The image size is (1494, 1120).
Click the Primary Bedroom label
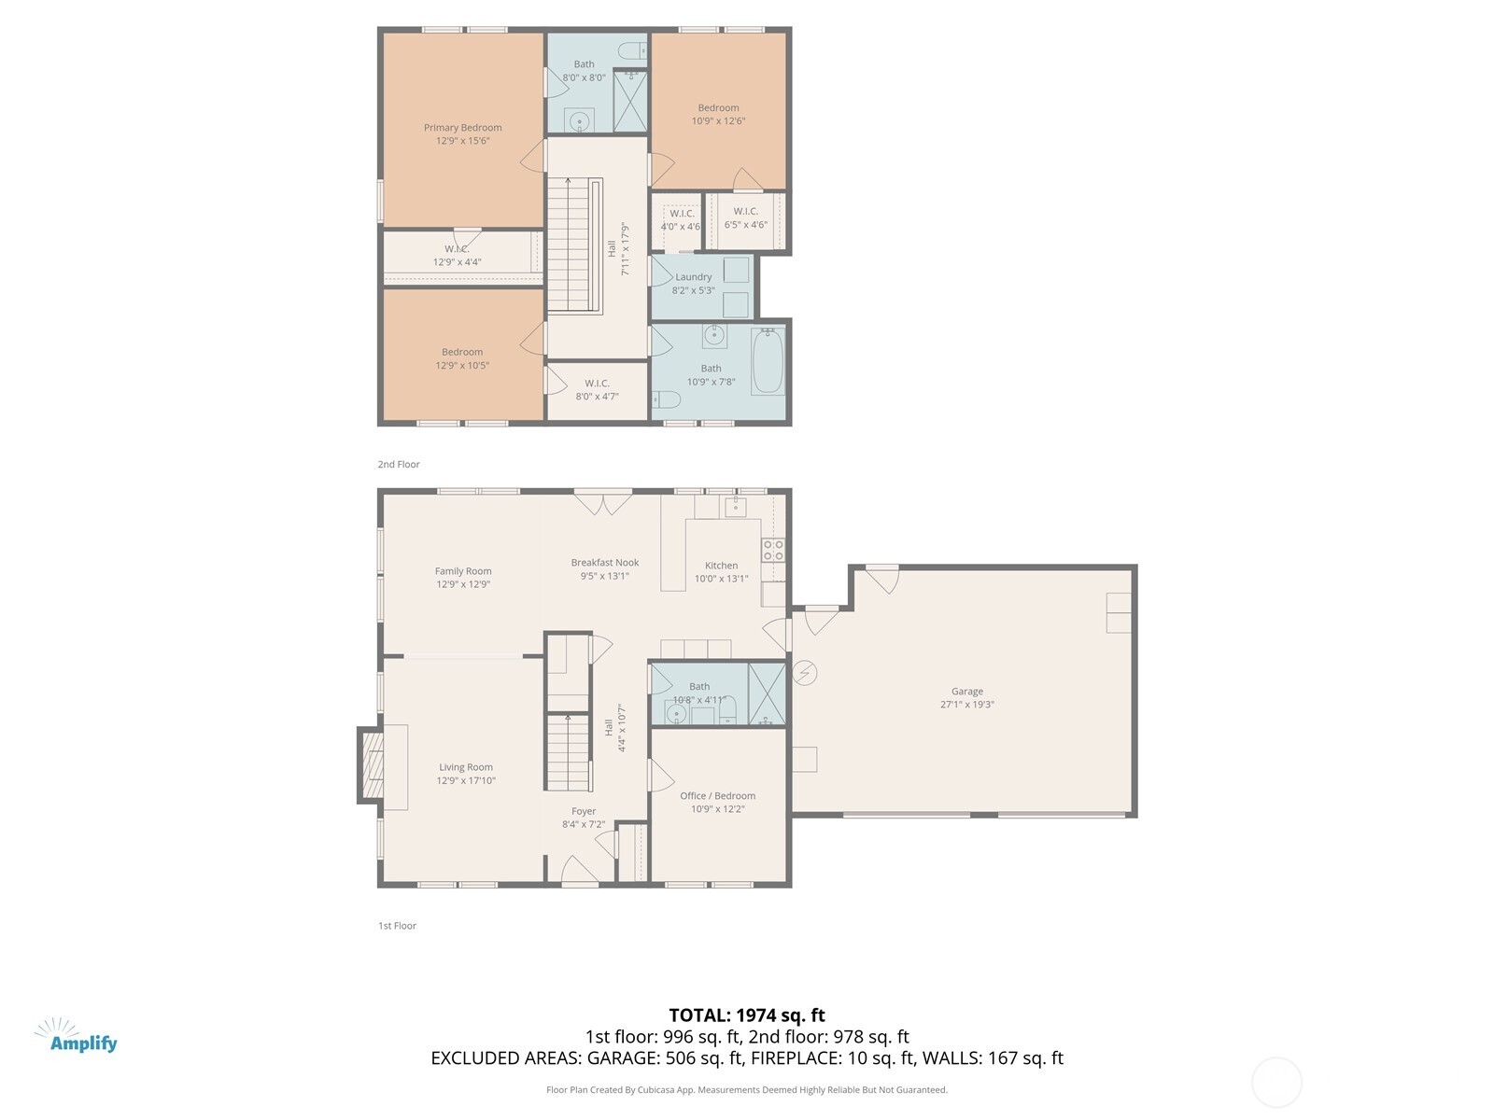point(462,128)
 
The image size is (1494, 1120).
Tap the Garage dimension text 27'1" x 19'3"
point(966,705)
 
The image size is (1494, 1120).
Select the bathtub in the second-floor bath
point(768,361)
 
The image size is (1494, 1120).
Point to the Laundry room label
point(693,277)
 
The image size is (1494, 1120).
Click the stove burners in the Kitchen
point(773,550)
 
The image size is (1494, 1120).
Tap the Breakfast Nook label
point(605,563)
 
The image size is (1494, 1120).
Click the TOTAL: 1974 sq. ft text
point(746,1015)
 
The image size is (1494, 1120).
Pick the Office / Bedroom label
point(717,796)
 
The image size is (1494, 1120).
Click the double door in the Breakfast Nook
point(602,502)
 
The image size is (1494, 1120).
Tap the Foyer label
point(584,811)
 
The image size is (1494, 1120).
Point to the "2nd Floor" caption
point(399,464)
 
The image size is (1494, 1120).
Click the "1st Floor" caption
point(397,926)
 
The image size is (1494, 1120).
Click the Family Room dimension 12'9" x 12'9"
point(463,584)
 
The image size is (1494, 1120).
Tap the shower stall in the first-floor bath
point(767,693)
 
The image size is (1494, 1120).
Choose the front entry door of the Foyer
point(580,872)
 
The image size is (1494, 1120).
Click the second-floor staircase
point(570,245)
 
